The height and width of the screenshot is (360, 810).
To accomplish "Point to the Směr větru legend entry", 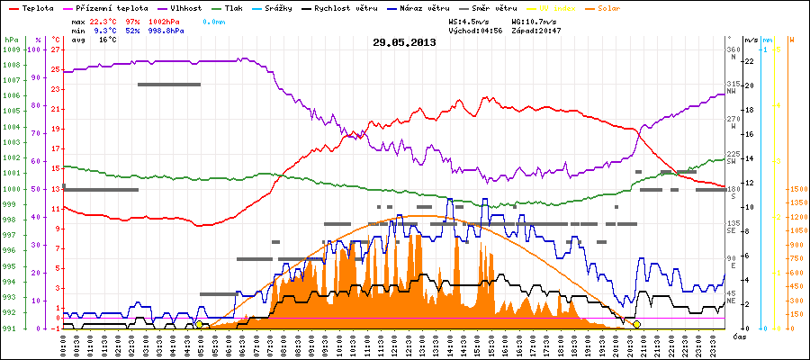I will tap(496, 7).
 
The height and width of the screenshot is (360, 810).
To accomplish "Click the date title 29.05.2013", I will tap(404, 42).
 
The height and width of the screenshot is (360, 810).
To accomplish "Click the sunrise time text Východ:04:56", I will tap(474, 30).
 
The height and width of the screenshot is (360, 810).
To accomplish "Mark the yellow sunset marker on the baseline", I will tap(636, 324).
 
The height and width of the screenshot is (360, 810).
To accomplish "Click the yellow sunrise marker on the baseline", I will tap(199, 324).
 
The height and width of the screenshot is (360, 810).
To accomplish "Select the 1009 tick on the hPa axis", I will tap(11, 49).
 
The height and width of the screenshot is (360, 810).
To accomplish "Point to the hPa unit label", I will tap(10, 40).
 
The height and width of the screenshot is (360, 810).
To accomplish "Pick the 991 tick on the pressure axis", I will tap(11, 328).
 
